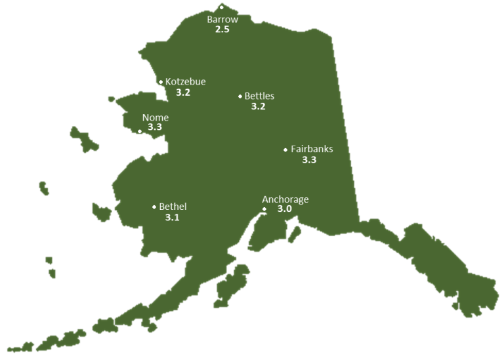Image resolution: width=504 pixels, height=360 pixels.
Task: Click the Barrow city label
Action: point(222,20)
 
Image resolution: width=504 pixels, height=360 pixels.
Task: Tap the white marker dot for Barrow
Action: point(222,7)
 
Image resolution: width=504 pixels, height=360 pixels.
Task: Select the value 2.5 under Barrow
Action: point(222,30)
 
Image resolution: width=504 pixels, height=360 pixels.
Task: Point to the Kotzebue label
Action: point(186,82)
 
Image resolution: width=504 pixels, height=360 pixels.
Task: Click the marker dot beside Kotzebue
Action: point(161,82)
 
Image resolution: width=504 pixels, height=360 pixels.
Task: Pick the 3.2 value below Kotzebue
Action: point(183,92)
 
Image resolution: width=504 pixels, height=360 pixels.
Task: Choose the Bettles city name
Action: point(259,96)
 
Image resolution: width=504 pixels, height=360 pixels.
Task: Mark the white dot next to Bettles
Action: point(240,96)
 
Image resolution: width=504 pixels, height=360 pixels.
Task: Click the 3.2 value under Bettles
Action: point(259,106)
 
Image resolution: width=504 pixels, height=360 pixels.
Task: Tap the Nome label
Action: point(156,117)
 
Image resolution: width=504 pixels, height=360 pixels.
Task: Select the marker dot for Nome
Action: point(140,131)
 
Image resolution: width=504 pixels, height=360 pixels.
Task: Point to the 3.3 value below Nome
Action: point(155,127)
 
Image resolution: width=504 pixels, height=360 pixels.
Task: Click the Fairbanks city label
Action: point(312,149)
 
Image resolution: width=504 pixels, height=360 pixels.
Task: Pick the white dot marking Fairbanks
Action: point(285,150)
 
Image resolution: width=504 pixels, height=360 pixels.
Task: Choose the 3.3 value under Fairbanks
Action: point(309,159)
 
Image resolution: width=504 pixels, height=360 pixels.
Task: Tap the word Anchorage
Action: point(285,199)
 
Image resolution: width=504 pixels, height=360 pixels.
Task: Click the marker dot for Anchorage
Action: point(264,209)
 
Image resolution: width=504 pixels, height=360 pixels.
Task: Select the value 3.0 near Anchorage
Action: point(285,209)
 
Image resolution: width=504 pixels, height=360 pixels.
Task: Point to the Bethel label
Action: point(173,207)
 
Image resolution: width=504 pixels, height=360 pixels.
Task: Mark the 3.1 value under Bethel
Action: point(172,217)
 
